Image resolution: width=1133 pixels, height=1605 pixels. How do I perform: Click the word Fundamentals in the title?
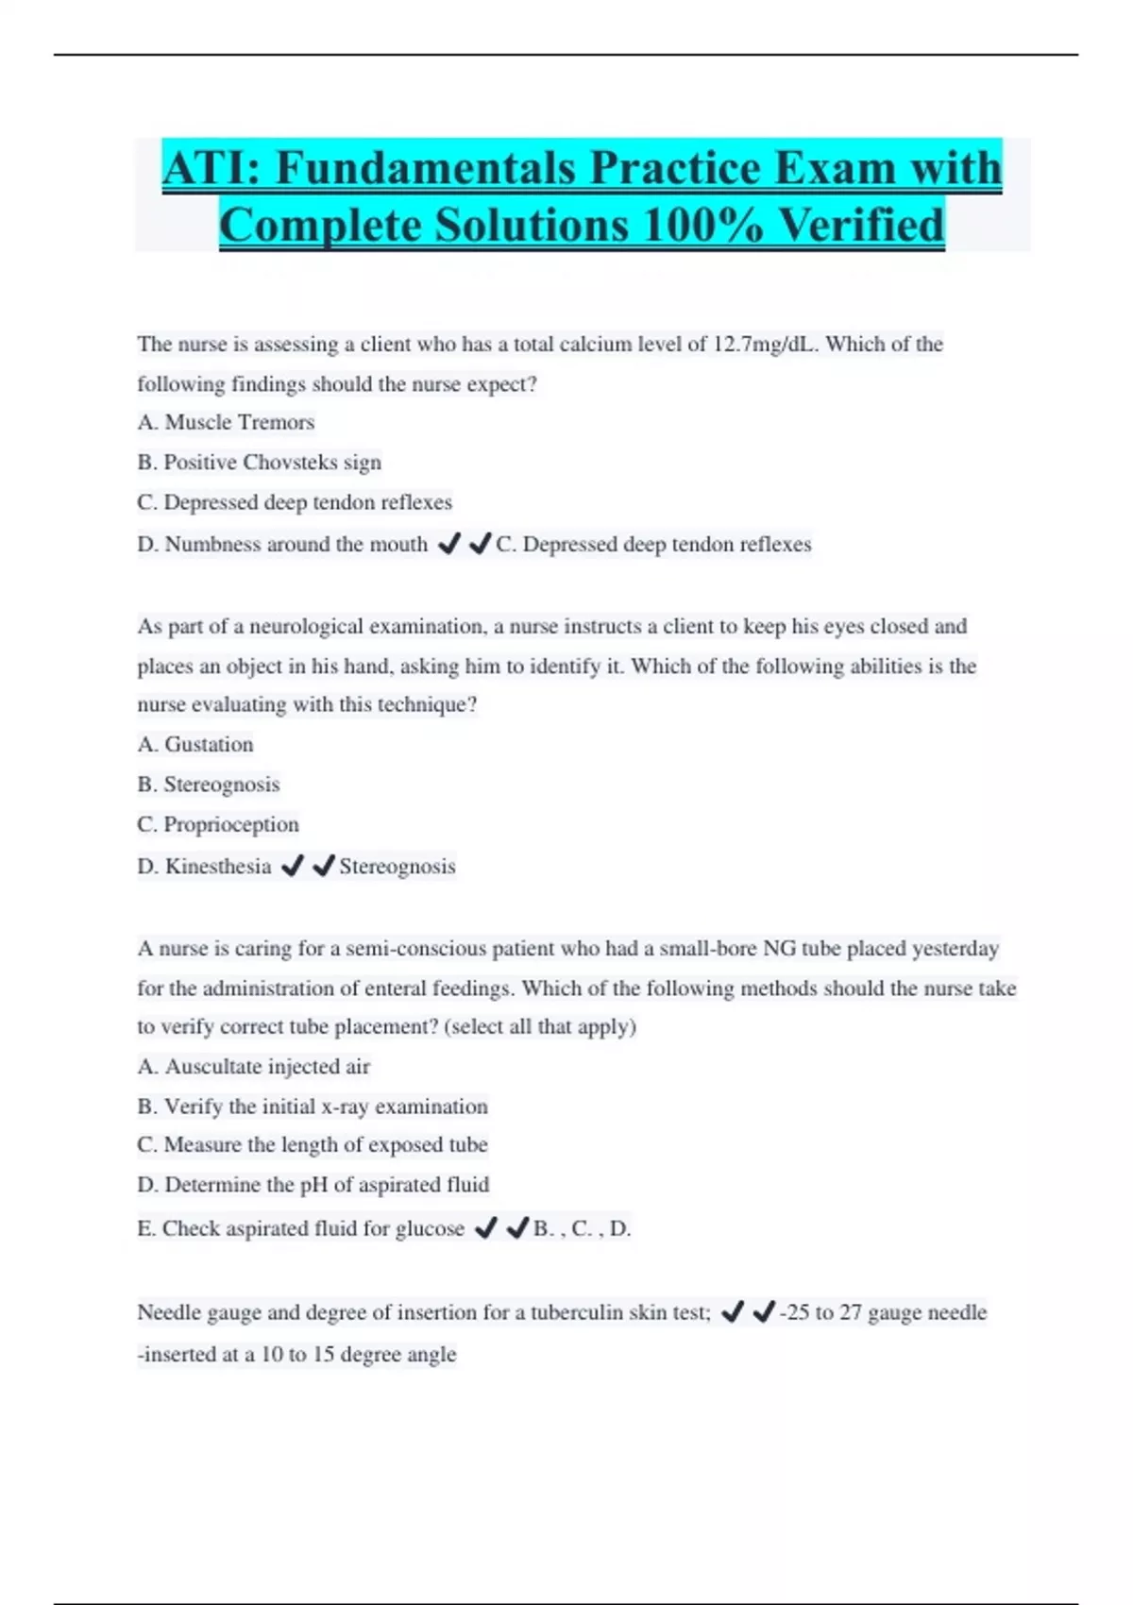[424, 168]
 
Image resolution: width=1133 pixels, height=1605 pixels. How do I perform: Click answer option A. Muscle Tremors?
[226, 422]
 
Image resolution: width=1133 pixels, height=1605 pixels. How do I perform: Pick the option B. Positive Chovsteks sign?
[260, 462]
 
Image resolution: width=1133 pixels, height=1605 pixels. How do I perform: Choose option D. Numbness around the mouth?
[282, 544]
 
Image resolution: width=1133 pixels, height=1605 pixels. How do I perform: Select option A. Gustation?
[195, 744]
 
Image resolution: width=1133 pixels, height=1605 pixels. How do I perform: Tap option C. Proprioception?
[218, 824]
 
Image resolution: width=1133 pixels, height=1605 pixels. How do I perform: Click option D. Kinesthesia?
[204, 866]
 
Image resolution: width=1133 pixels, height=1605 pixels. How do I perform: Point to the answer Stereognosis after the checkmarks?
[397, 866]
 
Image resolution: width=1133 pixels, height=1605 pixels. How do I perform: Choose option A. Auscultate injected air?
[254, 1066]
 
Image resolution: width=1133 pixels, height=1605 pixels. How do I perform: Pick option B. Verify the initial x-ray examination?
[313, 1106]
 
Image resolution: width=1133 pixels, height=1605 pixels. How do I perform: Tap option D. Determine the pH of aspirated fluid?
[313, 1184]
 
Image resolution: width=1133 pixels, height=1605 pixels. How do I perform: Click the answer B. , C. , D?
[582, 1228]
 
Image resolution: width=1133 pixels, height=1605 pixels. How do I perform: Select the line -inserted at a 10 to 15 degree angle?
[296, 1354]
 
